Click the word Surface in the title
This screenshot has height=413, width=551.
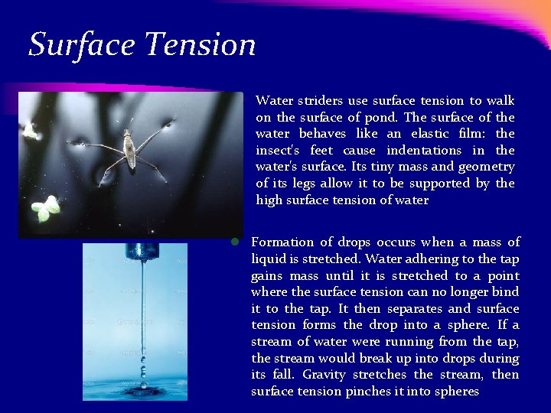[x=80, y=44]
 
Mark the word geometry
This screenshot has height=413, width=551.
[x=486, y=167]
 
